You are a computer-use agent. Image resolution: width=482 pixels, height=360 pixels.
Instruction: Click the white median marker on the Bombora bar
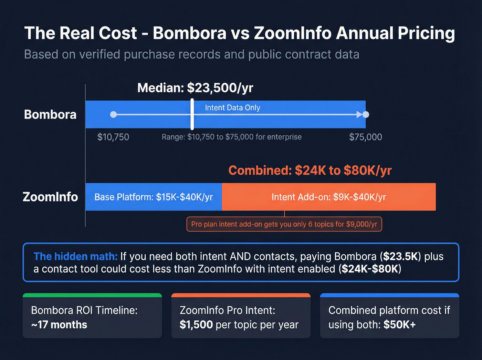(192, 114)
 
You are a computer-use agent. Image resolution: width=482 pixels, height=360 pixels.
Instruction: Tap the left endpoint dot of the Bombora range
(113, 114)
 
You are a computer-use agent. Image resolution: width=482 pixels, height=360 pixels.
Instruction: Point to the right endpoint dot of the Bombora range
(366, 114)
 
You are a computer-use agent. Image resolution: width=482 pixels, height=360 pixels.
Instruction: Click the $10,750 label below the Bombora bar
(113, 137)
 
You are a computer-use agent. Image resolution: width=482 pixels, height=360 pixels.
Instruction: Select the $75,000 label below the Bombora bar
(366, 137)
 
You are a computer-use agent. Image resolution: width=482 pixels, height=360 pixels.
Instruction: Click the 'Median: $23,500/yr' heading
(195, 88)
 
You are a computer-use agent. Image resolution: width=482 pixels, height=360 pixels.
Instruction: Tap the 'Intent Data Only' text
(232, 107)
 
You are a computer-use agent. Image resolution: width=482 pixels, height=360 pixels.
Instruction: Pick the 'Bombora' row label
(50, 114)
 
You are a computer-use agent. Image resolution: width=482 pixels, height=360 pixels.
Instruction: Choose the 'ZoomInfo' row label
(50, 197)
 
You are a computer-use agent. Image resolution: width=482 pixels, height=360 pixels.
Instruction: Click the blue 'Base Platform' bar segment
(154, 197)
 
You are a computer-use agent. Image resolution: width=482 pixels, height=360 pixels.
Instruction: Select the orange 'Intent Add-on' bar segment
(329, 197)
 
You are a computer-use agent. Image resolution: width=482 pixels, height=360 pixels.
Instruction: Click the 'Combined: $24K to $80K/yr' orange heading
(310, 171)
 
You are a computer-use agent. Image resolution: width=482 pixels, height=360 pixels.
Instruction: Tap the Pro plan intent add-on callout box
(284, 224)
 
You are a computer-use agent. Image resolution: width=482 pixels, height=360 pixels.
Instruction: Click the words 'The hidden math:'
(75, 256)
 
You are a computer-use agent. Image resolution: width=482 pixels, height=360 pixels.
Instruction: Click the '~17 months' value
(59, 325)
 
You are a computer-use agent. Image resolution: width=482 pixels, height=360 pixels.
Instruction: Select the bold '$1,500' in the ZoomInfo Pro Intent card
(196, 325)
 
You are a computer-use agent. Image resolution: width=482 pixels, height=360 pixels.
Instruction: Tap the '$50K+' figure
(400, 325)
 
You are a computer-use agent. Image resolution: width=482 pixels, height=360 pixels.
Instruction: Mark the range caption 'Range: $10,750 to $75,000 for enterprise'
(232, 137)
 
